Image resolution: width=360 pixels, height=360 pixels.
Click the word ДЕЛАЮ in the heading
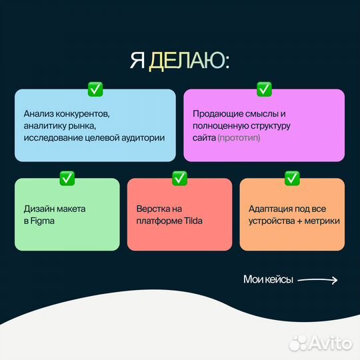tap(189, 61)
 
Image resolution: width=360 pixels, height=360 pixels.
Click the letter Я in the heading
tap(137, 61)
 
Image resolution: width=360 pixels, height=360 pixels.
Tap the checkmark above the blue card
tap(95, 88)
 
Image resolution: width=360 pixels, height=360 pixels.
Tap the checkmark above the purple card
tap(264, 88)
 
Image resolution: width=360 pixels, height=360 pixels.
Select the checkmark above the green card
tap(67, 178)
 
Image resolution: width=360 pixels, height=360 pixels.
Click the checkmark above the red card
tap(179, 178)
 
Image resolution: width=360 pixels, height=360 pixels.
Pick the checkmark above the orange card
tap(292, 178)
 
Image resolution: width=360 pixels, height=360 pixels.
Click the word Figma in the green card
tap(44, 221)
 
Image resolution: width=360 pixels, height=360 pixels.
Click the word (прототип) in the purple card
tap(239, 137)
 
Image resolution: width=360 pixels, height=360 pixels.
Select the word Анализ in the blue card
tap(39, 113)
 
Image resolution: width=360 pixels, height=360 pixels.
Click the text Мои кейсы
tap(268, 280)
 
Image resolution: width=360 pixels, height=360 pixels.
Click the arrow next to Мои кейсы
tap(317, 280)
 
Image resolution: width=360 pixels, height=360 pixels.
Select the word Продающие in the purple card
tap(215, 113)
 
